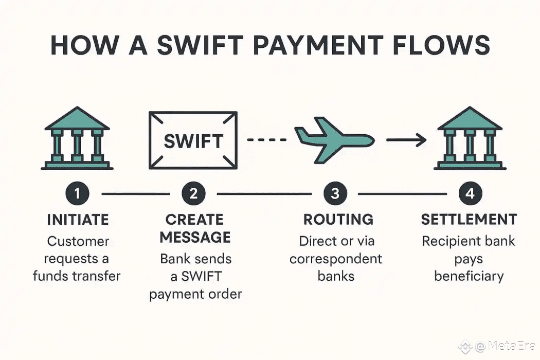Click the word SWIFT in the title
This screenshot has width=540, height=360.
pyautogui.click(x=200, y=45)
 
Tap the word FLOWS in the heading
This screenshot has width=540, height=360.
pyautogui.click(x=441, y=45)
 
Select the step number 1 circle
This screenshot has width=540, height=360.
pyautogui.click(x=77, y=193)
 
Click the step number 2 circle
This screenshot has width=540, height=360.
pyautogui.click(x=193, y=193)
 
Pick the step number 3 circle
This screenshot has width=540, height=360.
pyautogui.click(x=335, y=193)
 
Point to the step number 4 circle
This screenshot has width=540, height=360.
pyautogui.click(x=470, y=193)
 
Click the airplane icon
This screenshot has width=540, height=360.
pyautogui.click(x=334, y=139)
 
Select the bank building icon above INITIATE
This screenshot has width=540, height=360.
pyautogui.click(x=77, y=138)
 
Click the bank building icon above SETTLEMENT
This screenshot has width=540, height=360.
pyautogui.click(x=470, y=138)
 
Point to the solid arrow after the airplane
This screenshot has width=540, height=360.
pyautogui.click(x=406, y=140)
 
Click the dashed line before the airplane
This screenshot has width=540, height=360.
pyautogui.click(x=267, y=139)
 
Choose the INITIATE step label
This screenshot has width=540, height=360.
pyautogui.click(x=78, y=220)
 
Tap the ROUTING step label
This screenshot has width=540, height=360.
pyautogui.click(x=338, y=220)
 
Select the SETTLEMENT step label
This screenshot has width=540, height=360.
pyautogui.click(x=469, y=220)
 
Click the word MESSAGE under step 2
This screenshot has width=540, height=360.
pyautogui.click(x=195, y=238)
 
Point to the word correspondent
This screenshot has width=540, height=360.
pyautogui.click(x=336, y=259)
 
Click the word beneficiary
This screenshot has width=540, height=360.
pyautogui.click(x=469, y=276)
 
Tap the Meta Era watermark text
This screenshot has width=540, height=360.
pyautogui.click(x=505, y=346)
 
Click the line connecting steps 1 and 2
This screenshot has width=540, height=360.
pyautogui.click(x=136, y=194)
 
